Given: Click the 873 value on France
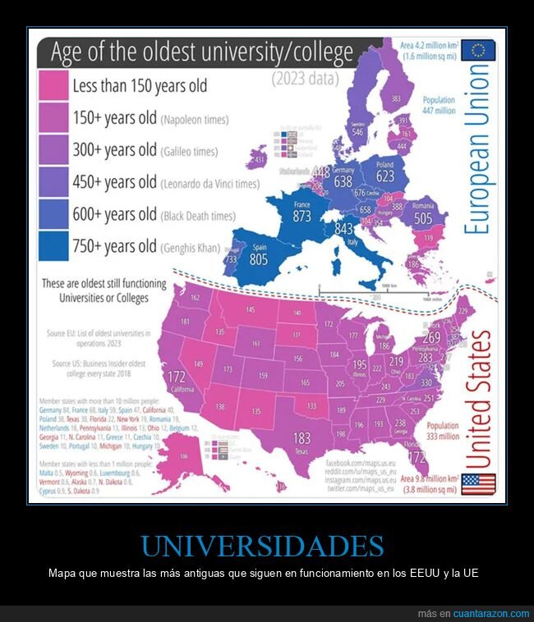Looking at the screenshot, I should tap(302, 217).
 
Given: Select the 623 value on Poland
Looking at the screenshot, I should tap(385, 175).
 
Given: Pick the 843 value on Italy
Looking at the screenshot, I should tap(346, 230).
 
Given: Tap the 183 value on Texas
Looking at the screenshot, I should tap(302, 438).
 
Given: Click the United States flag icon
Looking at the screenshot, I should tap(478, 484).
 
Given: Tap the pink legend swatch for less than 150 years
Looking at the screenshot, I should tap(53, 85).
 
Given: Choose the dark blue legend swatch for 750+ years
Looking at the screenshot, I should tap(53, 245).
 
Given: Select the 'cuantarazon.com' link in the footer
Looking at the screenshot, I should tap(491, 614).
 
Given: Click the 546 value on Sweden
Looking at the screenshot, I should tap(357, 130).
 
